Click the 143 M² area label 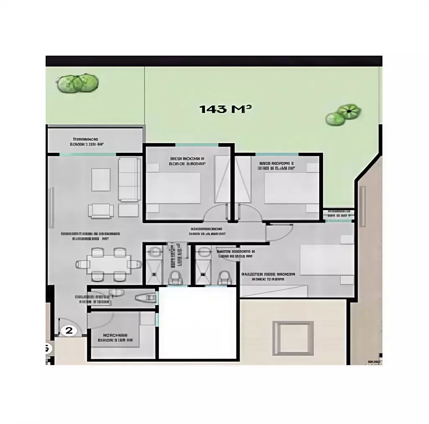(x=225, y=109)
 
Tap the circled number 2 (x=69, y=331)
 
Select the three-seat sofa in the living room (x=129, y=179)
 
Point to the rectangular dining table (x=109, y=264)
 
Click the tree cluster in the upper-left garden (x=78, y=83)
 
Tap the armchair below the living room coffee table (x=101, y=210)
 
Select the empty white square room (x=198, y=323)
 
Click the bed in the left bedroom (x=173, y=188)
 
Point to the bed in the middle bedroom (x=292, y=188)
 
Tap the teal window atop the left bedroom (x=196, y=145)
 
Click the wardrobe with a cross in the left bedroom (x=222, y=179)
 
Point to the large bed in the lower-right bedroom (x=327, y=260)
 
